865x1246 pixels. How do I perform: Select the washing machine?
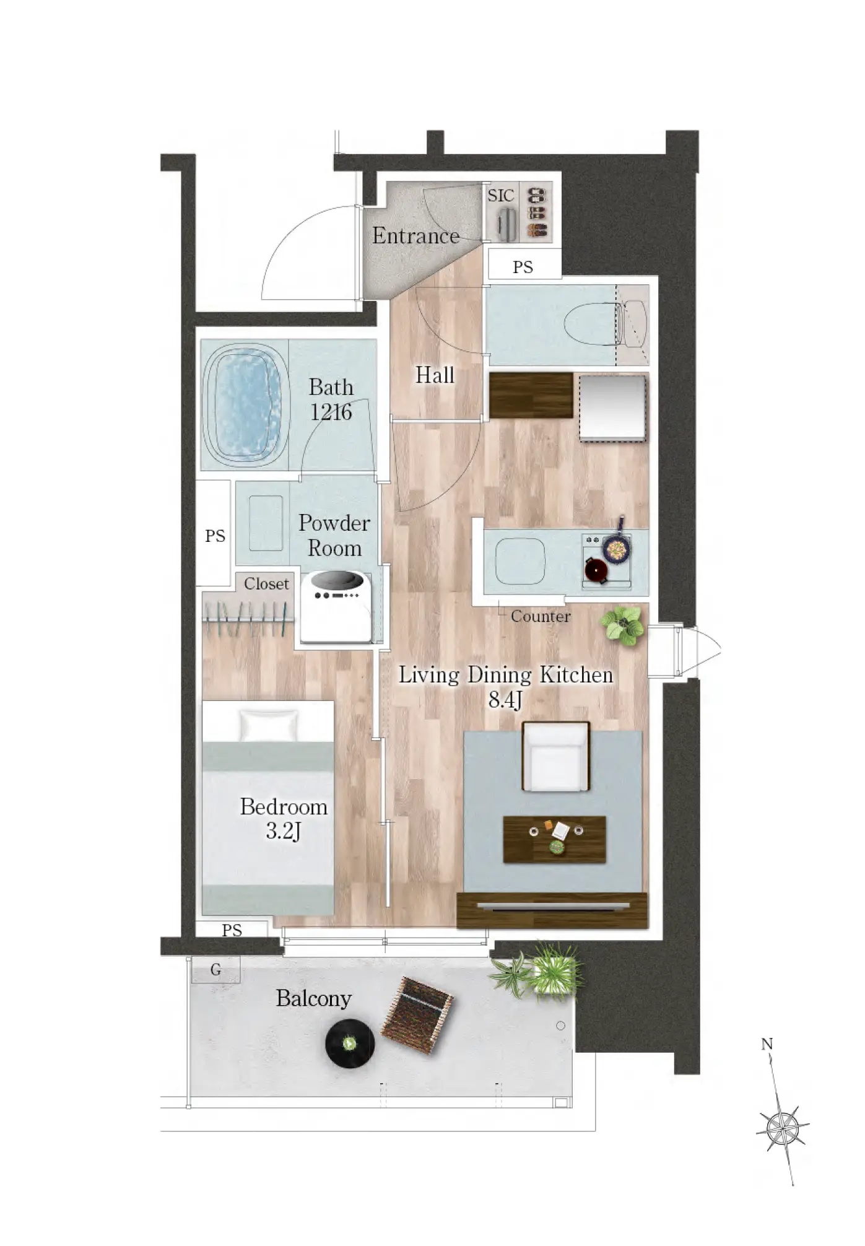(x=336, y=607)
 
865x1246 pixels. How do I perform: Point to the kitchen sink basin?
(x=520, y=561)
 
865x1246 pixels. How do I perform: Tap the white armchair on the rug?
(x=556, y=756)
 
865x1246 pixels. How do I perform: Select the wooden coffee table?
(x=554, y=839)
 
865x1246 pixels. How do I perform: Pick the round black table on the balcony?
(x=350, y=1044)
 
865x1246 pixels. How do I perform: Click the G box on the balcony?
(x=215, y=970)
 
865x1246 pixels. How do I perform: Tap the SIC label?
(x=501, y=196)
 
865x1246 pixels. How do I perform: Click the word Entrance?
(x=415, y=236)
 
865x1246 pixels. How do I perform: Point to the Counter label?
(x=541, y=616)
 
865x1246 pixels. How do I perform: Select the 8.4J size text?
(x=505, y=700)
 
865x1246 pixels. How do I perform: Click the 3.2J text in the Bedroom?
(x=284, y=831)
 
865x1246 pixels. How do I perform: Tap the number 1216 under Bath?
(x=331, y=412)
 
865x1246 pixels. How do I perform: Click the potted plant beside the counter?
(x=622, y=625)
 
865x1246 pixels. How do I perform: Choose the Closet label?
(x=266, y=584)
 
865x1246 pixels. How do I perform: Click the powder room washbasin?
(x=266, y=523)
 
